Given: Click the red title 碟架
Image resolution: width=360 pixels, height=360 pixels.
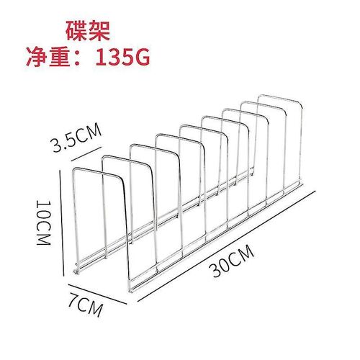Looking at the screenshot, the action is pyautogui.click(x=88, y=31).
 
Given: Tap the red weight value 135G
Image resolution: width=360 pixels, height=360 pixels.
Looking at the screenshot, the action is pyautogui.click(x=122, y=57).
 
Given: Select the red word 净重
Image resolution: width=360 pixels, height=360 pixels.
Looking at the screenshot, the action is pyautogui.click(x=48, y=57).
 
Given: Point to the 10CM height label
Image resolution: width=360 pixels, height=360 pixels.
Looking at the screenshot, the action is pyautogui.click(x=44, y=222).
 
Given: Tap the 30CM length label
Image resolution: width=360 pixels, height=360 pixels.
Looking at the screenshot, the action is pyautogui.click(x=233, y=261).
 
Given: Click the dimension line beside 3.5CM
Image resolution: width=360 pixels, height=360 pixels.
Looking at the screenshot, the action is pyautogui.click(x=86, y=153).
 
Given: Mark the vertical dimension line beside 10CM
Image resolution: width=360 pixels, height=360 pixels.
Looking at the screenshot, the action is pyautogui.click(x=62, y=223).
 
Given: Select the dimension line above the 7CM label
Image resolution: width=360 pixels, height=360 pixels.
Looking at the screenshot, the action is pyautogui.click(x=97, y=294).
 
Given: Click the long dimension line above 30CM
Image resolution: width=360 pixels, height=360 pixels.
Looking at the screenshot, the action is pyautogui.click(x=227, y=246).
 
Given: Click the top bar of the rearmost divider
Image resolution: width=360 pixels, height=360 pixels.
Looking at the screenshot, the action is pyautogui.click(x=279, y=98).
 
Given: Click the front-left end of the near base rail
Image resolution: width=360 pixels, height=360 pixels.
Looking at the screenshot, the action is pyautogui.click(x=131, y=291).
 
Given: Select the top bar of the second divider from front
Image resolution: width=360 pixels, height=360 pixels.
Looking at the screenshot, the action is pyautogui.click(x=125, y=159).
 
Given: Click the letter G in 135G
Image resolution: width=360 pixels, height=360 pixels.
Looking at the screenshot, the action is pyautogui.click(x=142, y=57).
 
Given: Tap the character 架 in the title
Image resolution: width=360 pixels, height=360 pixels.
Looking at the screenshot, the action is pyautogui.click(x=100, y=31).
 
